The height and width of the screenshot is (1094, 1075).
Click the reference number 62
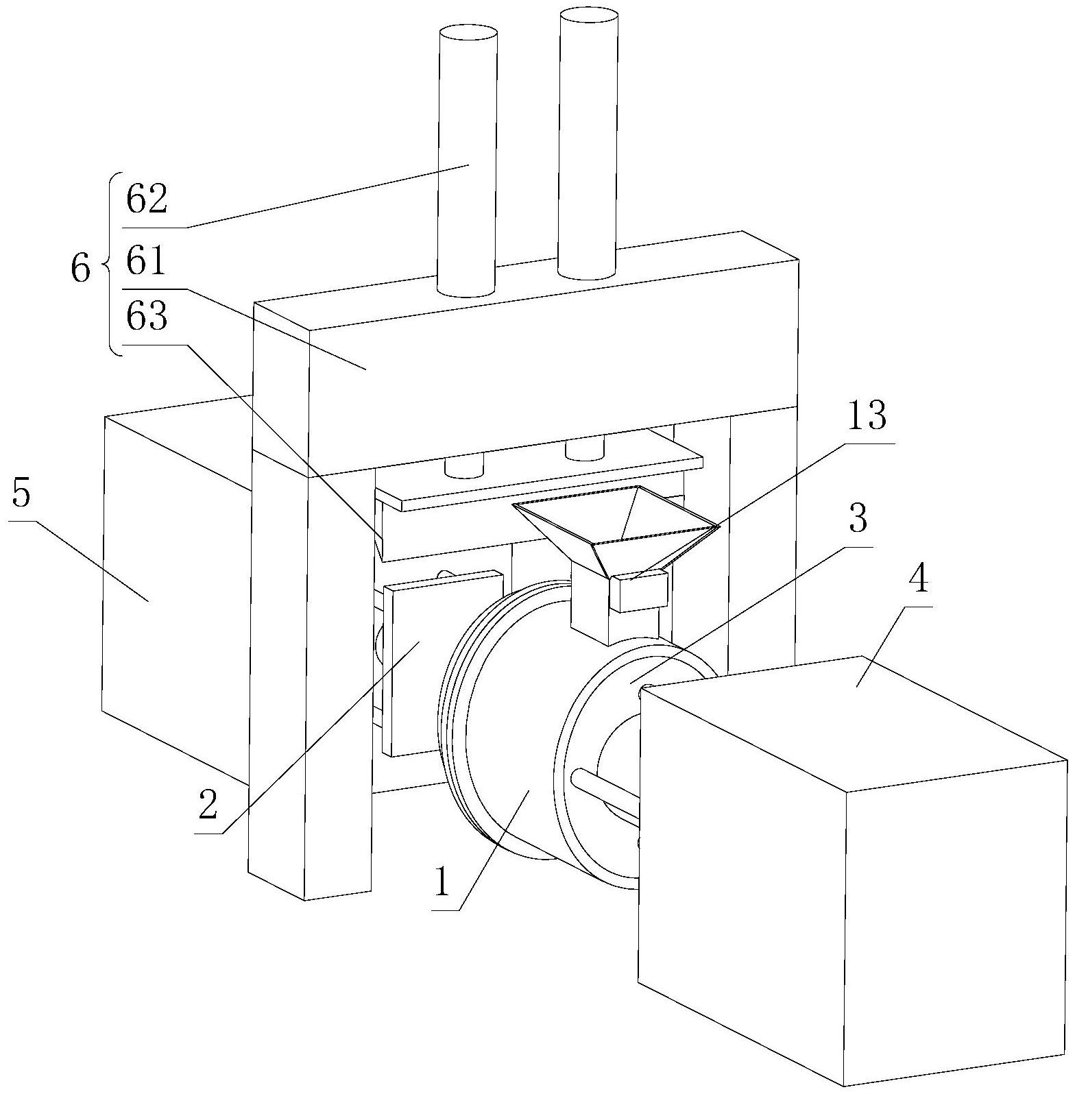pyautogui.click(x=146, y=200)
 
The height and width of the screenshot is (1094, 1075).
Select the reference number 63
pyautogui.click(x=146, y=317)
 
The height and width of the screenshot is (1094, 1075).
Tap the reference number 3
pyautogui.click(x=858, y=519)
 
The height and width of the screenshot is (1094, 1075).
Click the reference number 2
pyautogui.click(x=208, y=806)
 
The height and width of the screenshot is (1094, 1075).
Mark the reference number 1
pyautogui.click(x=442, y=882)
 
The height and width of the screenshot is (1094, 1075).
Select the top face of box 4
pyautogui.click(x=854, y=722)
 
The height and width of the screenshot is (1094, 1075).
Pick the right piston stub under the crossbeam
pyautogui.click(x=584, y=450)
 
